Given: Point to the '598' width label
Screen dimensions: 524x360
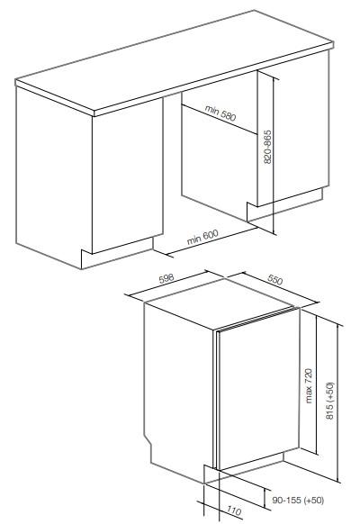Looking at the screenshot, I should tap(167, 281).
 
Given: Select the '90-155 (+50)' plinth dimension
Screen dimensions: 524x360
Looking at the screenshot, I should tap(297, 498).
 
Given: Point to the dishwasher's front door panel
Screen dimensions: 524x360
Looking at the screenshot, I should tap(256, 396).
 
